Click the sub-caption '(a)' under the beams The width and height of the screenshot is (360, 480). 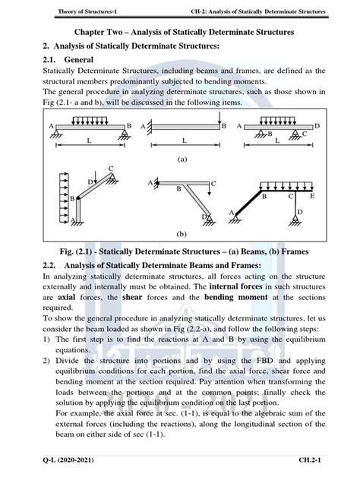(x=182, y=160)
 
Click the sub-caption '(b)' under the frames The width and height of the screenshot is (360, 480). (x=182, y=235)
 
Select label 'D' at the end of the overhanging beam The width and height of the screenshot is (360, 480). (x=317, y=125)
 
